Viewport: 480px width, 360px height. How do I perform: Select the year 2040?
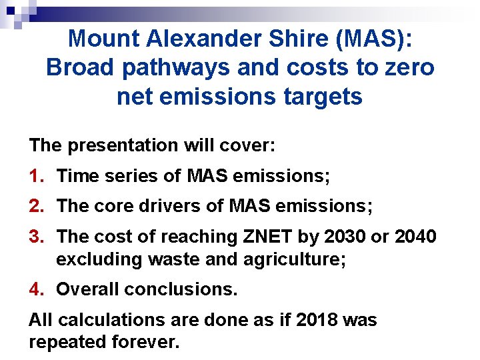[x=413, y=236]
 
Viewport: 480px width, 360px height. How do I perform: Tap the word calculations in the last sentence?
[x=107, y=320]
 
